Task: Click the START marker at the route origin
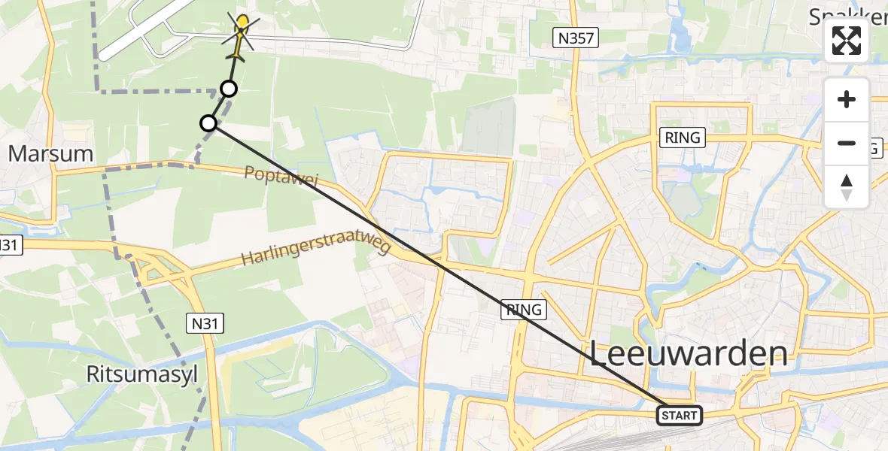point(680,415)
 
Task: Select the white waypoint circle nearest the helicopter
point(229,89)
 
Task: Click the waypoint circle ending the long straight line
point(208,123)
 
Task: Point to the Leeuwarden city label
point(689,353)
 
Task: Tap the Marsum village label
point(50,155)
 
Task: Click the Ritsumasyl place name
point(141,374)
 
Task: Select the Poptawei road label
point(281,185)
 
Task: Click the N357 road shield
point(576,38)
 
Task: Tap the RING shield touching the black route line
point(524,310)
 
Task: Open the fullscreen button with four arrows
point(847,41)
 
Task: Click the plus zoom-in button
point(847,99)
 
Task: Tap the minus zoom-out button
point(847,143)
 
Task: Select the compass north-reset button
point(847,187)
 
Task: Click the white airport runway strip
point(143,30)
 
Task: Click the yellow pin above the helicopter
point(242,21)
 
